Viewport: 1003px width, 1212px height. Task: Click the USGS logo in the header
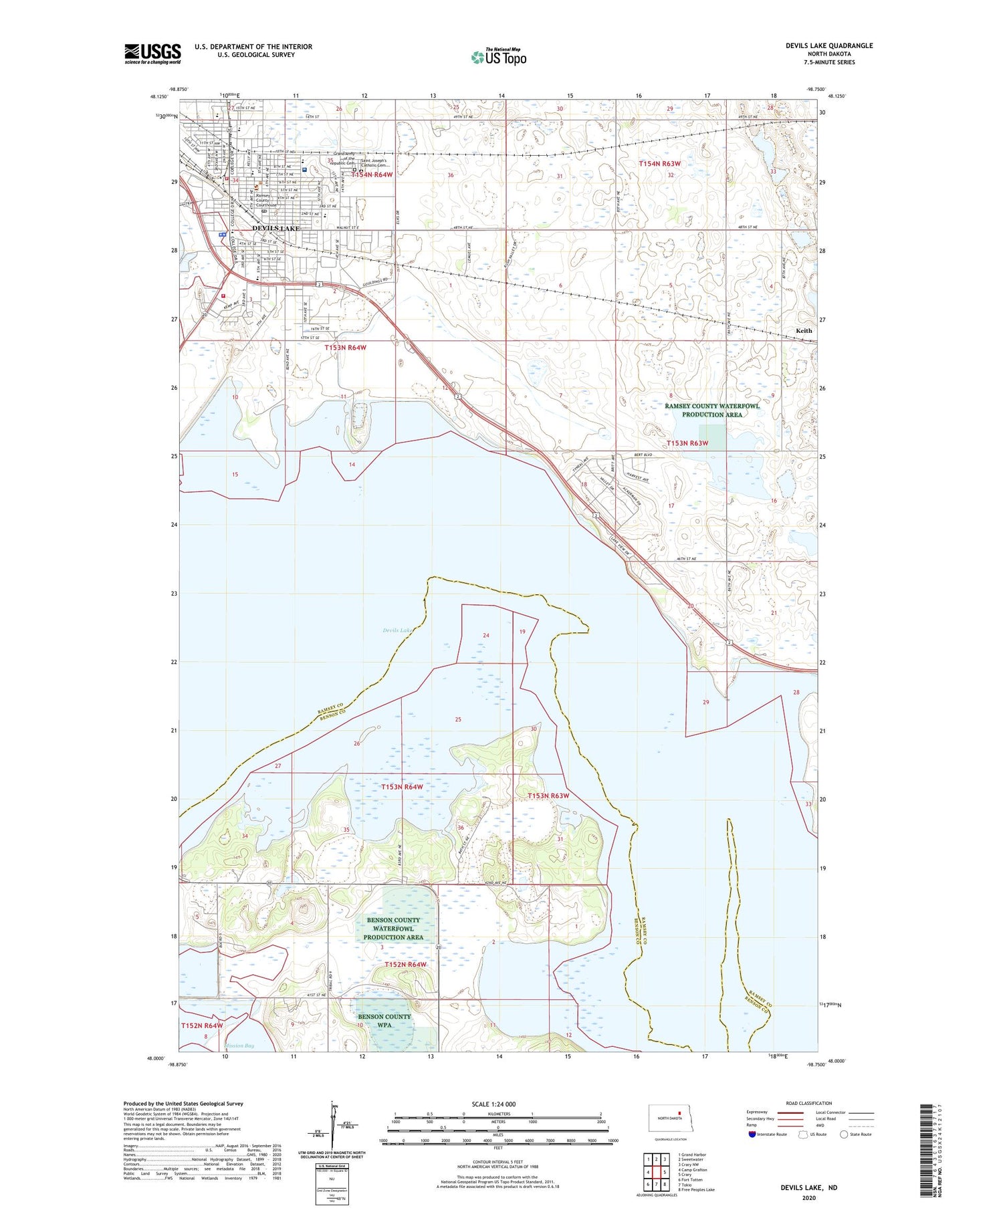coord(152,53)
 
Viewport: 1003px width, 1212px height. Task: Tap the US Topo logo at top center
coord(498,57)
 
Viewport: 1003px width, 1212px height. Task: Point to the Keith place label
coord(804,331)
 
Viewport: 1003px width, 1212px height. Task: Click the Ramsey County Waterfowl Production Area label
coord(712,410)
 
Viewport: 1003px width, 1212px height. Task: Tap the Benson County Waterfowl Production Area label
coord(393,929)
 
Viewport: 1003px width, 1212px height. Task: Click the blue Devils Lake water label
coord(398,630)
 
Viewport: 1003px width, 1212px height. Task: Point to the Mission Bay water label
coord(239,1046)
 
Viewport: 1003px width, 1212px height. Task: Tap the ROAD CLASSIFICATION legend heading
coord(809,1103)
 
